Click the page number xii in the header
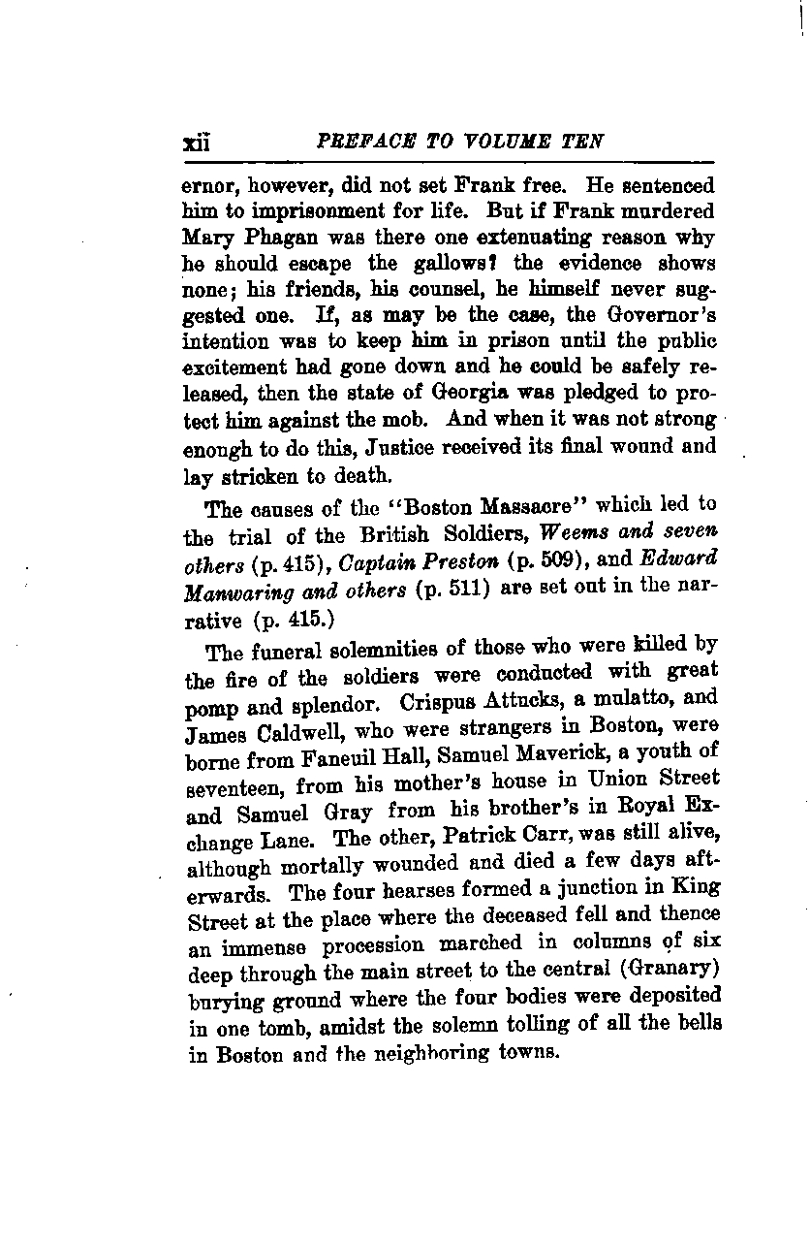[197, 143]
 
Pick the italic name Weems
[570, 531]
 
